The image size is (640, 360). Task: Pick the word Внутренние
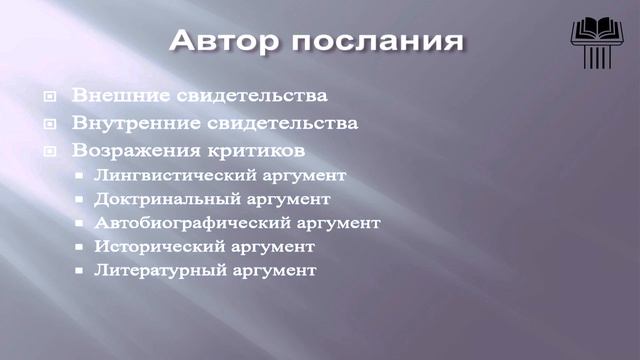coord(131,124)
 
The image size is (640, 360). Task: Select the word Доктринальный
coord(156,199)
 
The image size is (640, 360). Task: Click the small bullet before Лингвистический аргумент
coord(80,176)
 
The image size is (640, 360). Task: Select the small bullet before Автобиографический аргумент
coord(80,223)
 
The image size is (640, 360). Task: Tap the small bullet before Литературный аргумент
coord(80,271)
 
